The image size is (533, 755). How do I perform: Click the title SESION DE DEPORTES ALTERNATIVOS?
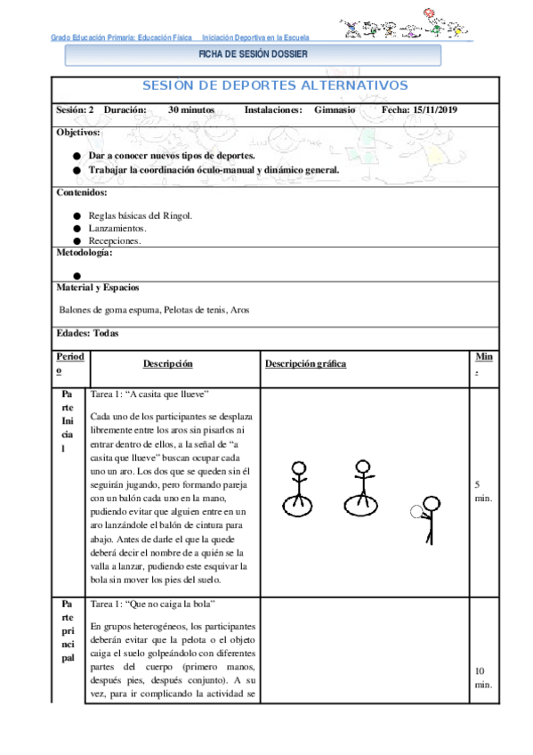pyautogui.click(x=275, y=85)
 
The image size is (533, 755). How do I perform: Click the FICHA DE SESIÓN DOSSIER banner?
pyautogui.click(x=253, y=54)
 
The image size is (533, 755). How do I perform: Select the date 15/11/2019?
pyautogui.click(x=433, y=110)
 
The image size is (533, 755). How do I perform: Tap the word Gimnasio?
pyautogui.click(x=335, y=110)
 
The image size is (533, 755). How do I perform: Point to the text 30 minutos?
pyautogui.click(x=191, y=110)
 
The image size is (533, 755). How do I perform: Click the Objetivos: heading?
pyautogui.click(x=78, y=132)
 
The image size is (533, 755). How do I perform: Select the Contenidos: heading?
pyautogui.click(x=82, y=192)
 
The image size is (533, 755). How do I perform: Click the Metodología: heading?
pyautogui.click(x=85, y=253)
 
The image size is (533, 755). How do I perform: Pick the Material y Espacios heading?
pyautogui.click(x=98, y=288)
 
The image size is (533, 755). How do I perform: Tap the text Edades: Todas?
pyautogui.click(x=87, y=334)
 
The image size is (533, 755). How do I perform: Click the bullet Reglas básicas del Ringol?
pyautogui.click(x=140, y=215)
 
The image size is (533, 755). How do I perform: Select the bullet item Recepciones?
pyautogui.click(x=114, y=240)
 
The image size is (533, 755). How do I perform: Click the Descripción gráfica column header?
pyautogui.click(x=305, y=363)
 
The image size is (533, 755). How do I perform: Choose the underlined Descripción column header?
pyautogui.click(x=168, y=363)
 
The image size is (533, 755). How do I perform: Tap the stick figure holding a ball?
pyautogui.click(x=429, y=518)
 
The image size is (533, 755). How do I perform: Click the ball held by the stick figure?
pyautogui.click(x=416, y=511)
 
